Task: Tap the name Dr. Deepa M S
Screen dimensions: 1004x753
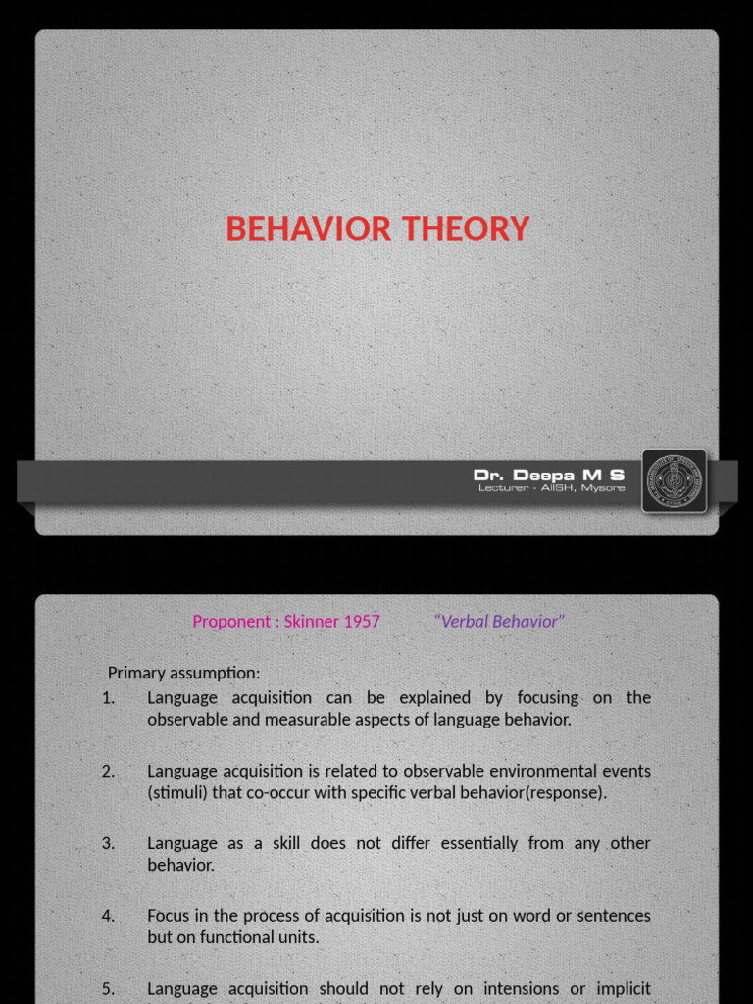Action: pyautogui.click(x=548, y=475)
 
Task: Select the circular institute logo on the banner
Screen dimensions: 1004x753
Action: pyautogui.click(x=675, y=480)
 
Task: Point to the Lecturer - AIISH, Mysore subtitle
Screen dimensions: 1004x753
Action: pyautogui.click(x=551, y=488)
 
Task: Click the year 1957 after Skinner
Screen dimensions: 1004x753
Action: pyautogui.click(x=362, y=622)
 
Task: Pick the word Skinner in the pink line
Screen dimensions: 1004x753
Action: pyautogui.click(x=312, y=622)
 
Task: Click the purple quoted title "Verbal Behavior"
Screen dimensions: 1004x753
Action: pyautogui.click(x=499, y=622)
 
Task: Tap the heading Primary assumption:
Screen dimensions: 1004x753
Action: pyautogui.click(x=184, y=673)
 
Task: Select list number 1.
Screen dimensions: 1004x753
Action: pyautogui.click(x=108, y=698)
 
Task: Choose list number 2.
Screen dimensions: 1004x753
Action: pyautogui.click(x=108, y=771)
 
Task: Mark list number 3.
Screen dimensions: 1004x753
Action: pyautogui.click(x=108, y=843)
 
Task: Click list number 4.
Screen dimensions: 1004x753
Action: pyautogui.click(x=108, y=916)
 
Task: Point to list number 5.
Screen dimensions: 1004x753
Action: pyautogui.click(x=108, y=988)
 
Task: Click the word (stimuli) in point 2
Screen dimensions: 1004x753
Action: pyautogui.click(x=177, y=792)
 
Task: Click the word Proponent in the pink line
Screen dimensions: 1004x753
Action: pyautogui.click(x=228, y=622)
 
